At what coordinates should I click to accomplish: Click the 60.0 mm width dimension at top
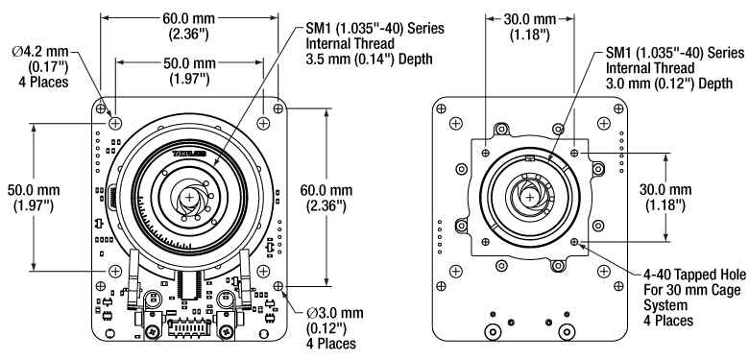[188, 26]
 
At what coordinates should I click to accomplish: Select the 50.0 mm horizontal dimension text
[189, 70]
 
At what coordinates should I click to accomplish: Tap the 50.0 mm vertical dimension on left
[34, 197]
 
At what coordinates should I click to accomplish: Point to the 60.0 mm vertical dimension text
[326, 197]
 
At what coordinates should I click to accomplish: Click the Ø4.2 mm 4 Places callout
[40, 66]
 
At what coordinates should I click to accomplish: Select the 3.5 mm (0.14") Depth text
[369, 59]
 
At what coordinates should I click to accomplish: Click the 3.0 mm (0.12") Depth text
[668, 84]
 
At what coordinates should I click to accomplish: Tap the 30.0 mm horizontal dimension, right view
[530, 27]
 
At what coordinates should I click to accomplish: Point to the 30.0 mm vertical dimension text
[665, 197]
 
